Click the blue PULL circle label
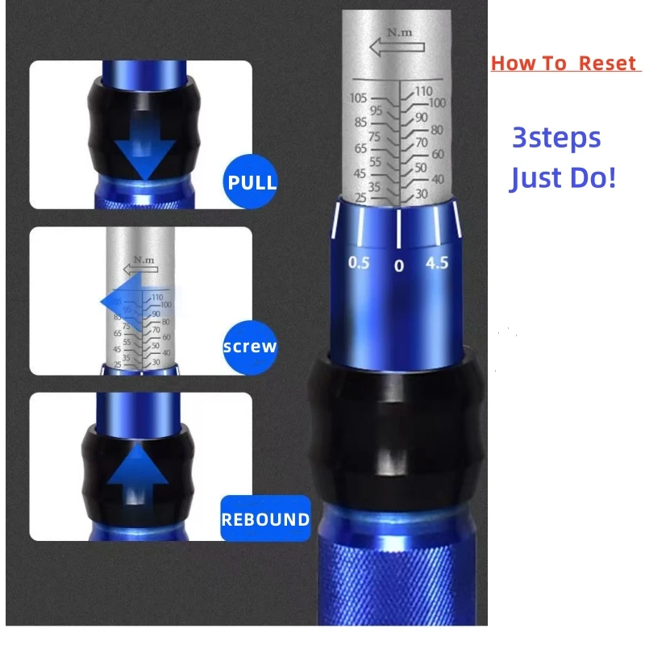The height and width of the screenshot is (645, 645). coord(252,181)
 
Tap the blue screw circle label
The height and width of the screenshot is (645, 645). coord(250,347)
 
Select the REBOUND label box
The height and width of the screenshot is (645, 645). coord(265,518)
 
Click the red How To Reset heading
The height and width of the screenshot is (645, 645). coord(564,64)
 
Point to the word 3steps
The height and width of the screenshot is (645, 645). coord(556,138)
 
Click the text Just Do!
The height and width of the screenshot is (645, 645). coord(563,177)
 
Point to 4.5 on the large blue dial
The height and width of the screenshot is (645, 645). coord(437,263)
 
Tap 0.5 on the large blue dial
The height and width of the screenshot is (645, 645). coord(359,263)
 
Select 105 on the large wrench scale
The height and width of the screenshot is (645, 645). coord(359,98)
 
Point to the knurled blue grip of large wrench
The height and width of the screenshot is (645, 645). coord(400,580)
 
